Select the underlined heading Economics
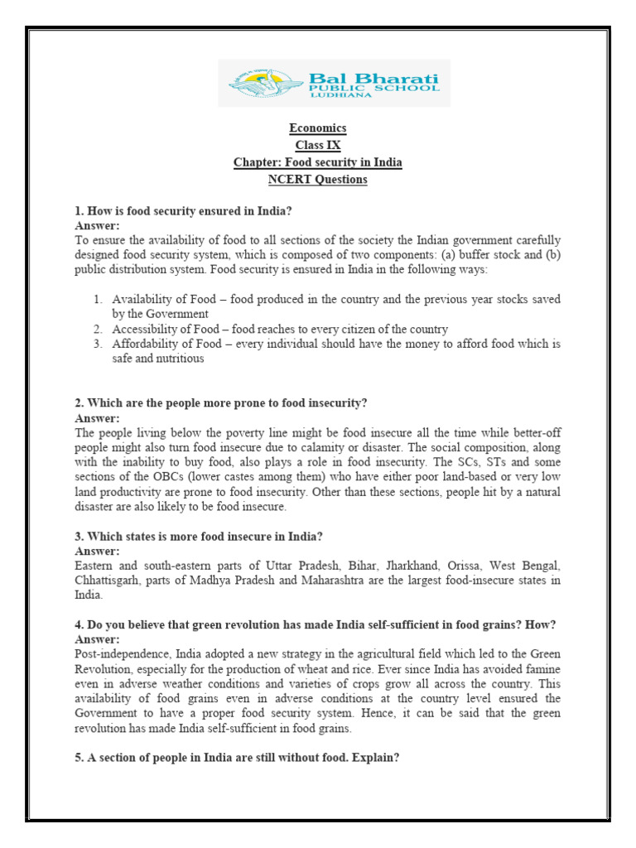point(317,128)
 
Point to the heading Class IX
point(317,146)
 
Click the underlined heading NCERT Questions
point(317,180)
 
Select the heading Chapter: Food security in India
point(317,162)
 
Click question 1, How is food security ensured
point(183,212)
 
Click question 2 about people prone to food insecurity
point(220,403)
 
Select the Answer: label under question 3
point(97,551)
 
